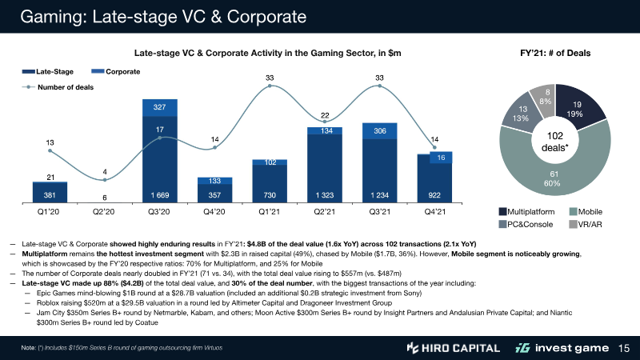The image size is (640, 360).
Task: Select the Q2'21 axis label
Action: pyautogui.click(x=325, y=211)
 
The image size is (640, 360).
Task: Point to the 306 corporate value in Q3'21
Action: pyautogui.click(x=380, y=130)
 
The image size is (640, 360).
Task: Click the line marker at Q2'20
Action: pyautogui.click(x=104, y=180)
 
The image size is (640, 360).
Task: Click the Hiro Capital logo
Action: pyautogui.click(x=453, y=348)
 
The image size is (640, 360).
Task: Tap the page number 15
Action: pyautogui.click(x=626, y=348)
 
